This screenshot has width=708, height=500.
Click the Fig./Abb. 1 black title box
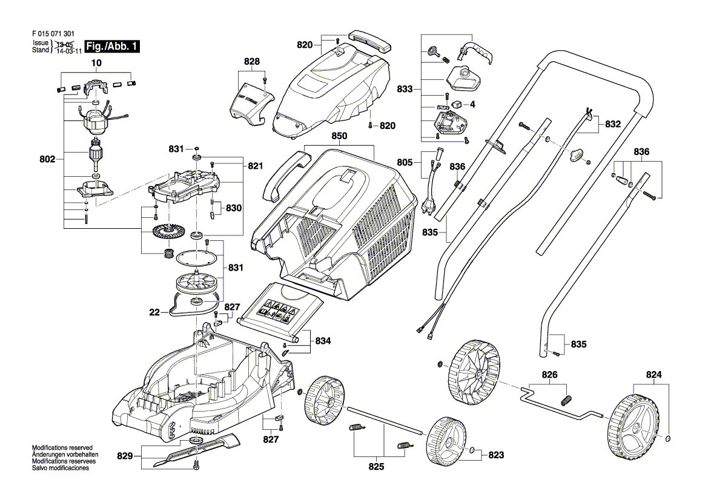click(113, 47)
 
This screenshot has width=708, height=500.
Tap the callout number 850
click(339, 138)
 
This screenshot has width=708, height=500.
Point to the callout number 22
click(154, 313)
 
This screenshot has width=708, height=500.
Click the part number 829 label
click(125, 455)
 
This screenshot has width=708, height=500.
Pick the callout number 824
click(654, 375)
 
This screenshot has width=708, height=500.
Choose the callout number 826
click(549, 375)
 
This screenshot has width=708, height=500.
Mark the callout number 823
click(496, 455)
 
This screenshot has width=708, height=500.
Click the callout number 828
click(251, 62)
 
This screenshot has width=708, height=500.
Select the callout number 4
click(473, 104)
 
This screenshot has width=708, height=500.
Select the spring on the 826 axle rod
click(567, 400)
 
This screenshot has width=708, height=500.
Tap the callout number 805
click(405, 162)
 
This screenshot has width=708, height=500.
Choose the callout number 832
click(613, 124)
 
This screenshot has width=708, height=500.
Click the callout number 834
click(323, 341)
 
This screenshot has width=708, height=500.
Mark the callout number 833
click(405, 89)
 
